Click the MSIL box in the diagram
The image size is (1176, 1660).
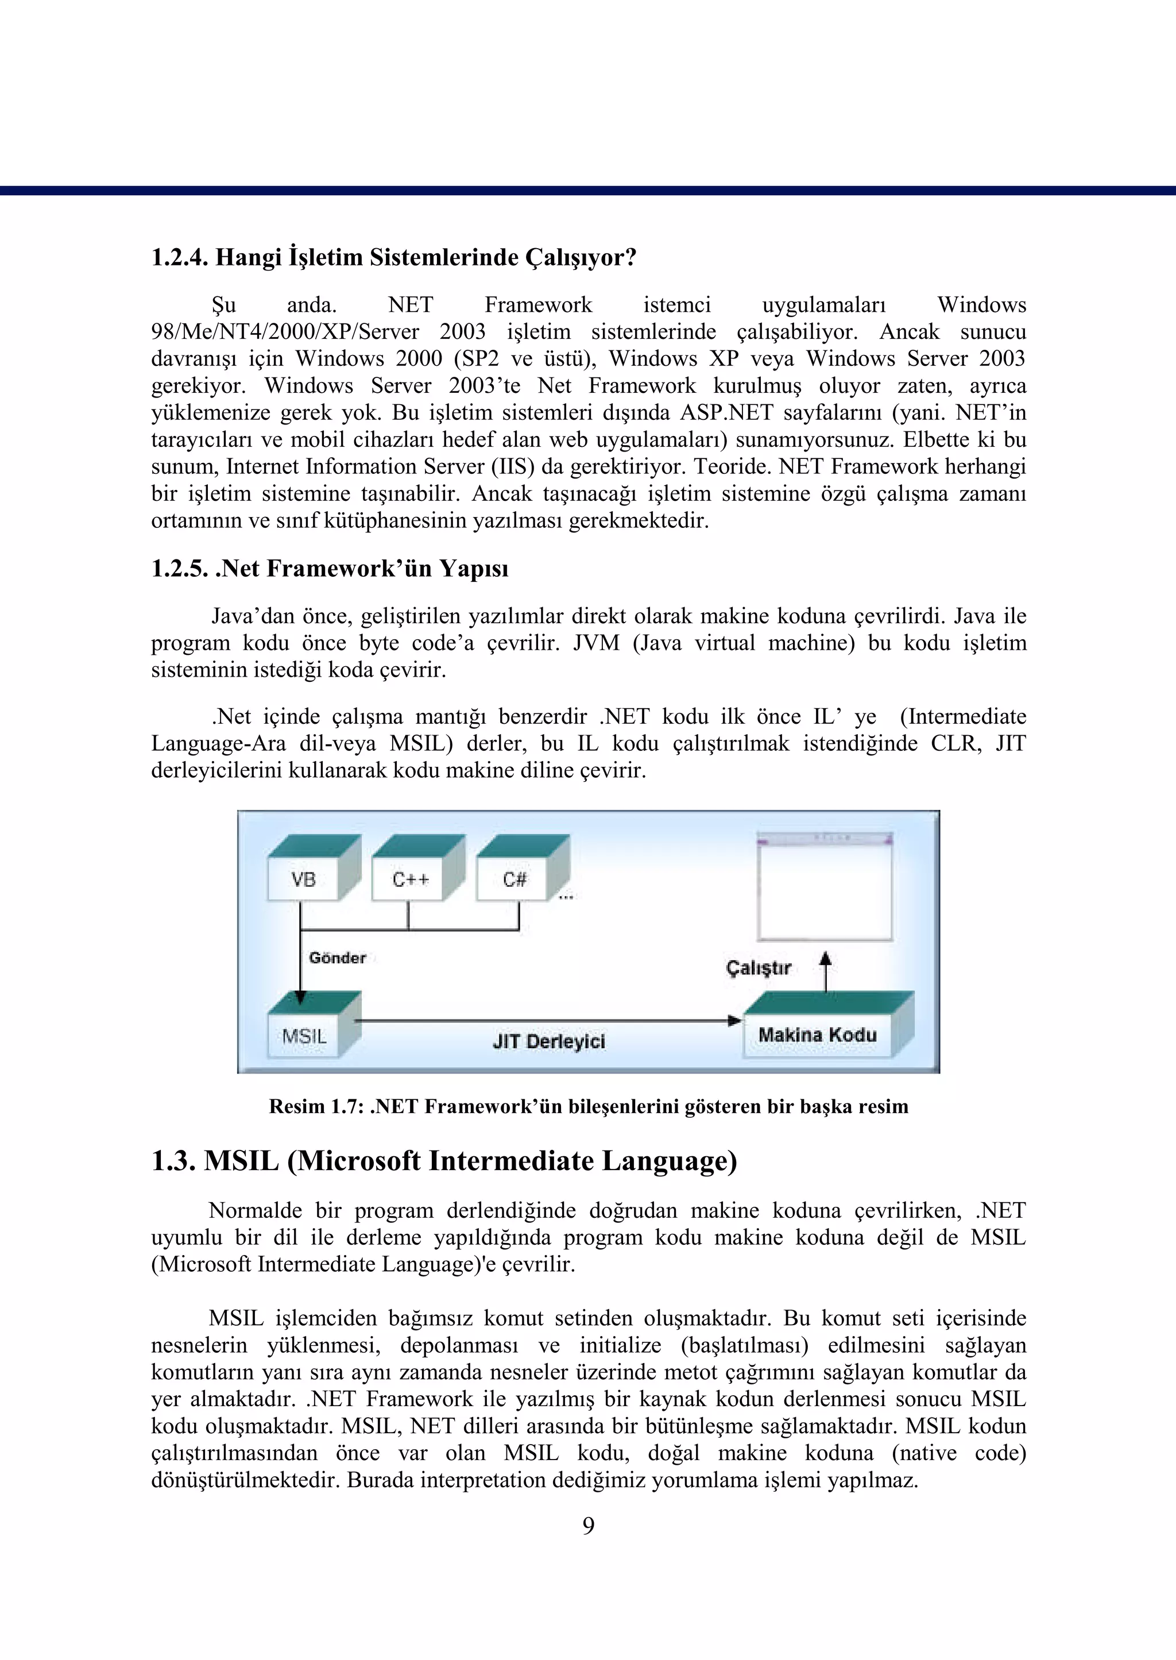(x=305, y=1036)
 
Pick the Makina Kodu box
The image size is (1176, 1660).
(x=817, y=1034)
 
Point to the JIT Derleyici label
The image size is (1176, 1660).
(x=548, y=1041)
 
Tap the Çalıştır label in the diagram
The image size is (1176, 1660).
(x=758, y=968)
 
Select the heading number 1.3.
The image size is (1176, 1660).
(x=174, y=1161)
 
